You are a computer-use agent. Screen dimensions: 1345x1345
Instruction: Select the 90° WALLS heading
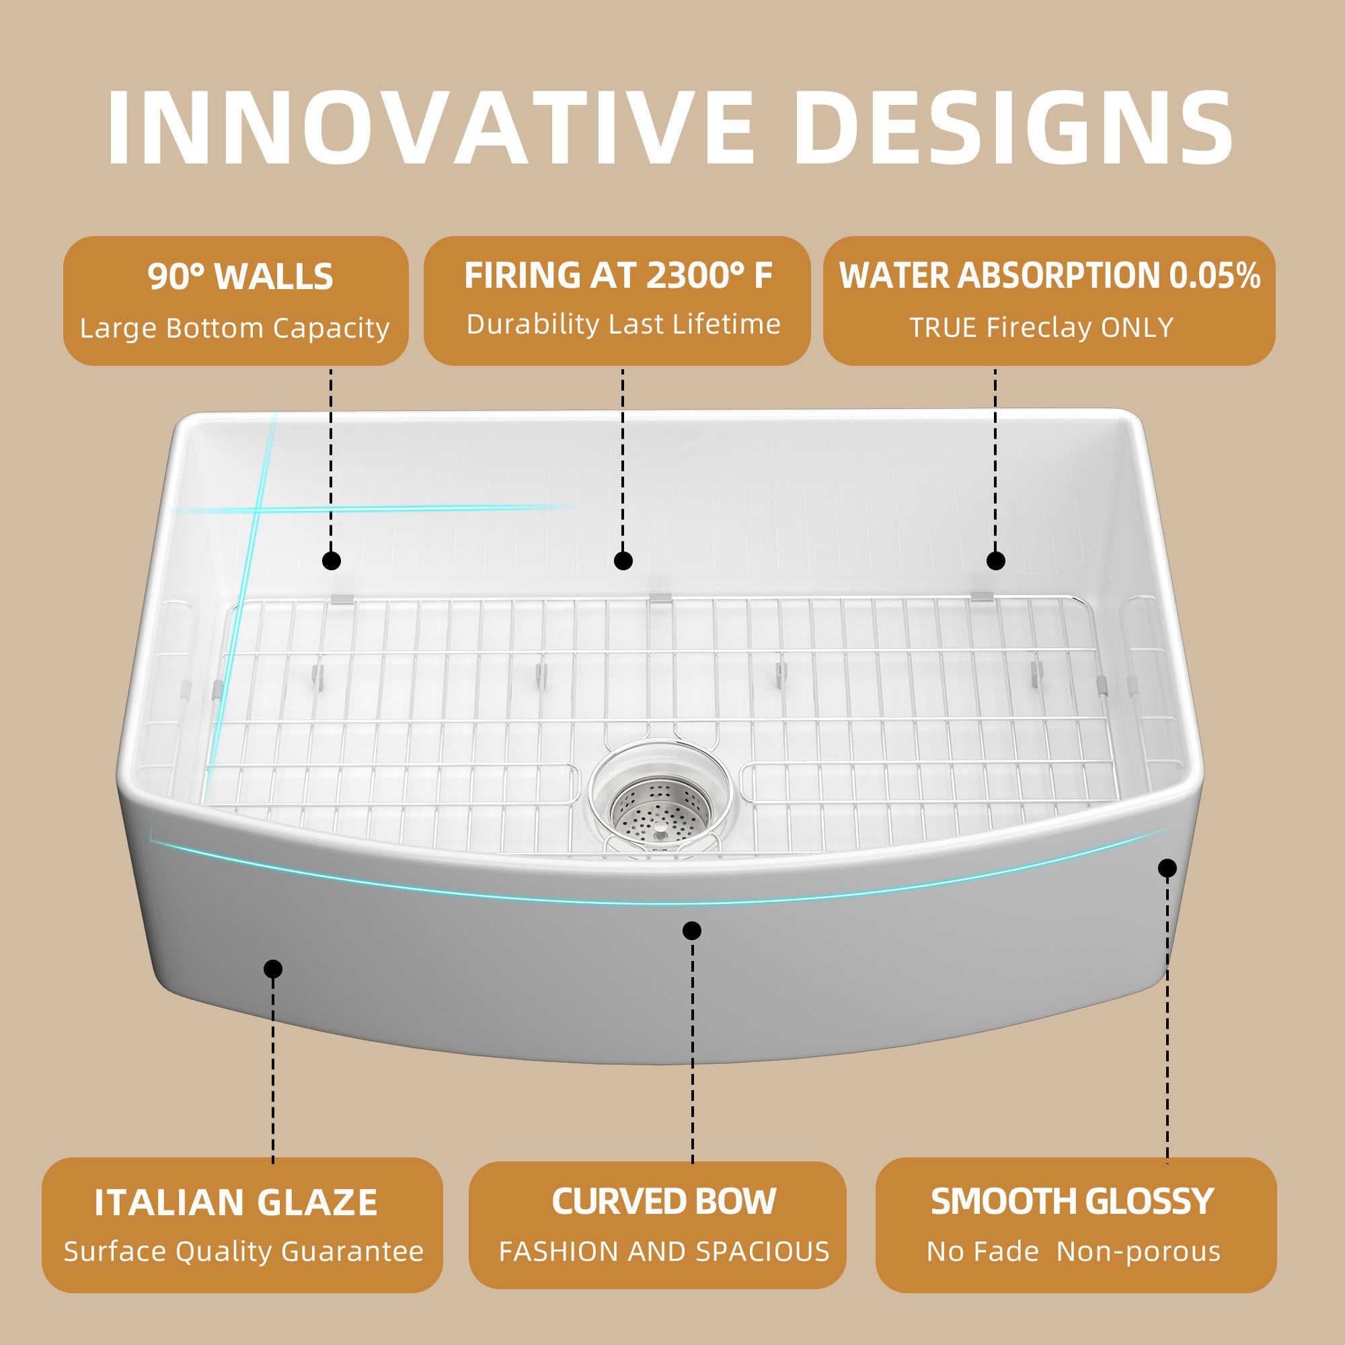click(240, 276)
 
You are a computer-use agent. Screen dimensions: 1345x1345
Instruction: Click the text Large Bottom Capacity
click(235, 329)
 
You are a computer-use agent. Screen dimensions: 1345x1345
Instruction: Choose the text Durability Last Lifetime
click(623, 324)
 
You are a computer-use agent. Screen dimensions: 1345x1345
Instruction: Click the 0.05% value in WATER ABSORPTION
click(1214, 276)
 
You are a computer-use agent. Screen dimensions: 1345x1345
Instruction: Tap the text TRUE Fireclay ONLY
click(1042, 328)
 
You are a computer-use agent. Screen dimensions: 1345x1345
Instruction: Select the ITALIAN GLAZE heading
click(236, 1203)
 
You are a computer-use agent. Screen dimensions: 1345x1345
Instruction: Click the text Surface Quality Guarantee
click(243, 1252)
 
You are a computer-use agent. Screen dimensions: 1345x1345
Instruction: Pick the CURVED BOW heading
click(664, 1202)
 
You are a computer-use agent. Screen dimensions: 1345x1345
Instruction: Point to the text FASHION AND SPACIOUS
click(664, 1252)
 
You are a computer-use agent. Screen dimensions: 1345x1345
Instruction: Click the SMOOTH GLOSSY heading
click(1072, 1202)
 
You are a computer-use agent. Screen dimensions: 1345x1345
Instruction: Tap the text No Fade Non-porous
click(1073, 1252)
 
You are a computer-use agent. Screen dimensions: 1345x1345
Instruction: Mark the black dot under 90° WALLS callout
click(332, 560)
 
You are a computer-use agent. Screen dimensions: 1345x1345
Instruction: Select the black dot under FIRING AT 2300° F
click(623, 560)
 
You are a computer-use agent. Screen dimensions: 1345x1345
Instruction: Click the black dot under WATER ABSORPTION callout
click(995, 560)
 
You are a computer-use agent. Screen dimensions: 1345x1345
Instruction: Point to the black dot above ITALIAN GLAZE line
click(273, 969)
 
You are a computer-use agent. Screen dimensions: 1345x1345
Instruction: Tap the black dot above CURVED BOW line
click(691, 931)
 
